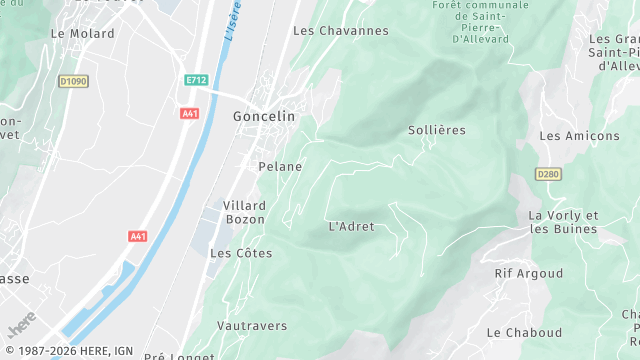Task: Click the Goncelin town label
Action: pos(264,116)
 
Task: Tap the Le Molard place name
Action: pos(82,33)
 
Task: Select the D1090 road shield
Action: pos(73,81)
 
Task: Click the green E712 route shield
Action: pos(195,80)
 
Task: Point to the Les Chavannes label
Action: pos(340,31)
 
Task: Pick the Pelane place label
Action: pos(280,166)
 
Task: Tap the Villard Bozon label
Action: pos(244,211)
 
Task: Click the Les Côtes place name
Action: pos(241,253)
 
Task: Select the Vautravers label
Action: pos(252,325)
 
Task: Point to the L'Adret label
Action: pos(351,226)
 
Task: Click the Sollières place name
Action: pos(437,130)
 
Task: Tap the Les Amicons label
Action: pos(579,135)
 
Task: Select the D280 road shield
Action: pos(548,174)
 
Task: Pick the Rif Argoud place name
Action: pos(528,273)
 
